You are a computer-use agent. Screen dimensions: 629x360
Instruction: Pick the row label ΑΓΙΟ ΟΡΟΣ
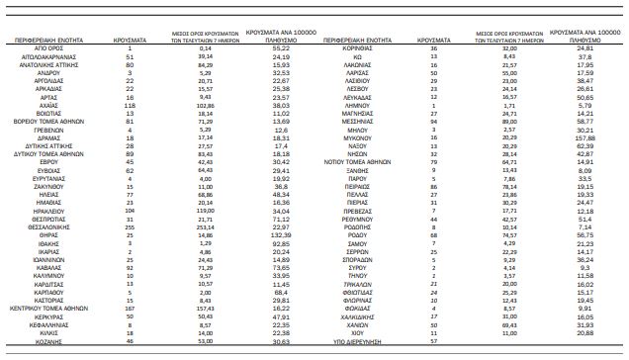(51, 47)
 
